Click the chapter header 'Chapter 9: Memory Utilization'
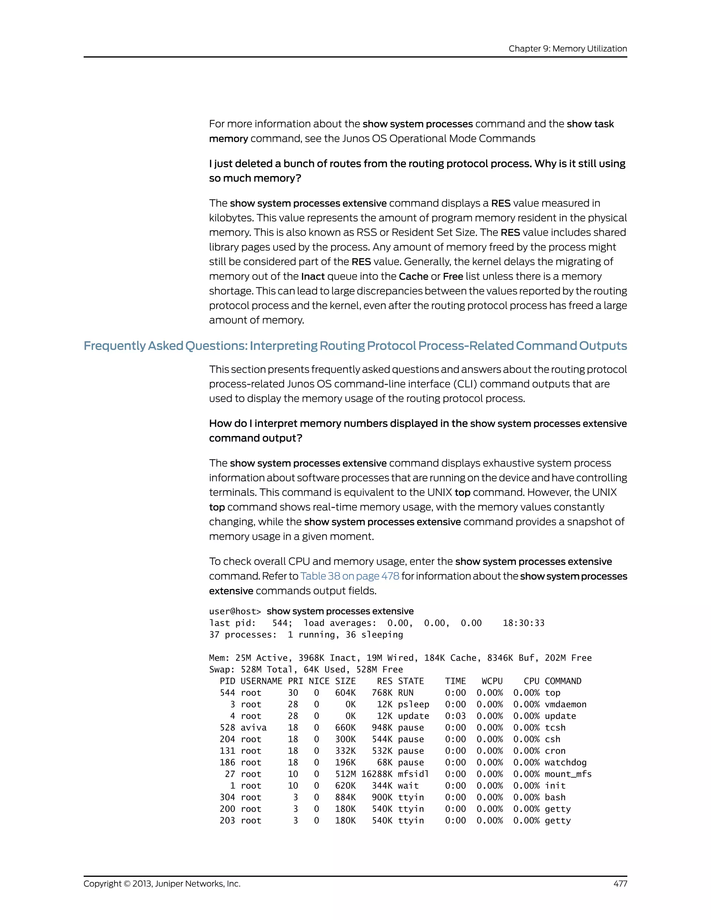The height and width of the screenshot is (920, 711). [567, 49]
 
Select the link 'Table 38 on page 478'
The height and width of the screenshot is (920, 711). [350, 576]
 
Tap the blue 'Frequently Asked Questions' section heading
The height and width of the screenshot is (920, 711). [355, 346]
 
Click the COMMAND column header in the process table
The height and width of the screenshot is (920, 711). [563, 681]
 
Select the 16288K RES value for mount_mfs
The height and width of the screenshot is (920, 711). [377, 774]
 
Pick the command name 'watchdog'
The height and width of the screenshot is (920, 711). [565, 762]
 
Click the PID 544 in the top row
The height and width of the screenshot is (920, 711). [227, 693]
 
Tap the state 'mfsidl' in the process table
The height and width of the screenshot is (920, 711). [413, 774]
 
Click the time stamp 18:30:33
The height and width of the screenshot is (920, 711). [523, 623]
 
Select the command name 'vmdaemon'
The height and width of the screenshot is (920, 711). [565, 704]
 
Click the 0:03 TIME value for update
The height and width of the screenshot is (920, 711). [455, 716]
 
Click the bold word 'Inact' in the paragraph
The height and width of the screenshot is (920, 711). [312, 276]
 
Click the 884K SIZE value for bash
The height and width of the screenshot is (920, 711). [345, 797]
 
